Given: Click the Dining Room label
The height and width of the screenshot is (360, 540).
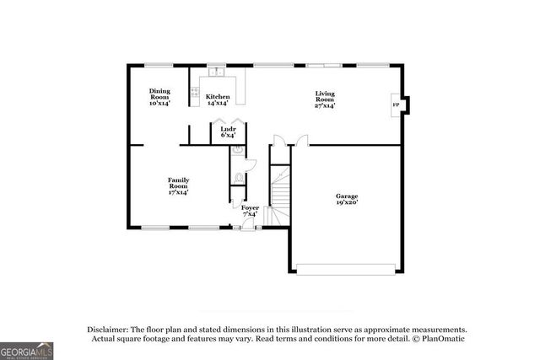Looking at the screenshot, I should click(x=159, y=97).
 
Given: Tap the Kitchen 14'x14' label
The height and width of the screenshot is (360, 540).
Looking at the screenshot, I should click(x=218, y=100).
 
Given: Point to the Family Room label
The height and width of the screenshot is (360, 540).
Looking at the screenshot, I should click(x=177, y=185).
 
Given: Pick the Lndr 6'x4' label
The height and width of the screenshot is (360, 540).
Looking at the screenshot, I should click(x=228, y=132).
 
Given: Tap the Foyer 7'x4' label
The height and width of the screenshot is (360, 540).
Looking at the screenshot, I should click(x=250, y=211).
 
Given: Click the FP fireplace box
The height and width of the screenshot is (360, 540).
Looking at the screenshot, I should click(x=396, y=105).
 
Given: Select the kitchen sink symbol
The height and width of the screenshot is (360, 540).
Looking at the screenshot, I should click(x=218, y=70).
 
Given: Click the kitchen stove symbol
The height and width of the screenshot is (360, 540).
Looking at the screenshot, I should click(x=196, y=92).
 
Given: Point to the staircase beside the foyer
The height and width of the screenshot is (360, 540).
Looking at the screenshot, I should click(x=279, y=190).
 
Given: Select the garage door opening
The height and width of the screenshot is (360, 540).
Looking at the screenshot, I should click(x=346, y=269).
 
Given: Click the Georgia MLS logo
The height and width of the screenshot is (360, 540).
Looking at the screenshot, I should click(x=26, y=348).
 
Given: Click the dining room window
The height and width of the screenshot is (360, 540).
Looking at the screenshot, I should click(x=159, y=65).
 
